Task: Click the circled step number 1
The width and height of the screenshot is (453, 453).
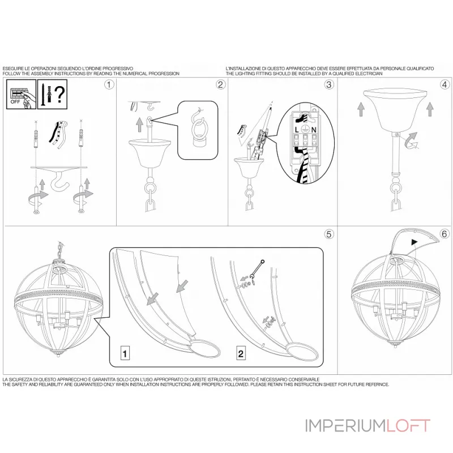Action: [x=109, y=85]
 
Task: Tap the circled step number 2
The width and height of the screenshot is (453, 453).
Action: [x=220, y=85]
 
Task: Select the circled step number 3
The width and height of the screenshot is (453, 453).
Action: [x=329, y=85]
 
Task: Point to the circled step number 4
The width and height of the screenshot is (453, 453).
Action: [x=445, y=85]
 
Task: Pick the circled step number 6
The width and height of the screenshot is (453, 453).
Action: [x=445, y=233]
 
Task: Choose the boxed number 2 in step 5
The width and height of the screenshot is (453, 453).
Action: [x=241, y=354]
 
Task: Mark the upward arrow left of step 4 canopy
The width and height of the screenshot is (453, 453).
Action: [x=360, y=109]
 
